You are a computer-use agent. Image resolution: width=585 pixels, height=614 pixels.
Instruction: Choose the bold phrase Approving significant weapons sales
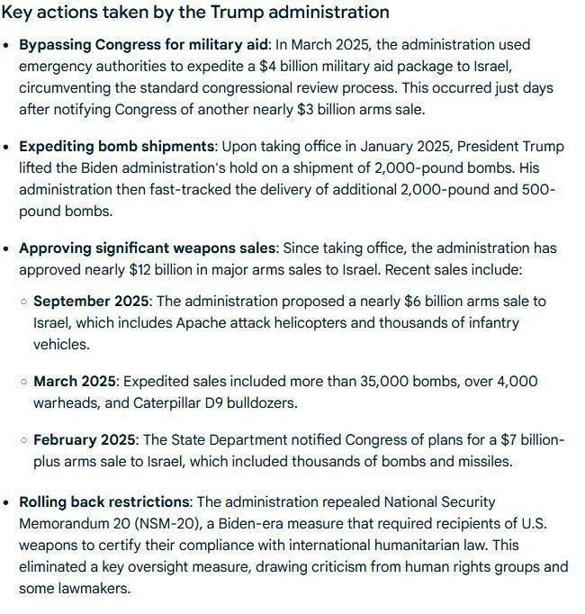(x=148, y=248)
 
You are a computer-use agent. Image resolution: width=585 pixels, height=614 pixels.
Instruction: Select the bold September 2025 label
(x=93, y=301)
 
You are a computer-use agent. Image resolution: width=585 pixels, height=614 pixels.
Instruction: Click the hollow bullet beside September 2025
(x=24, y=302)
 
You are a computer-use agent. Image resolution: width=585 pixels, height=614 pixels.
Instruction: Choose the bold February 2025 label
(x=84, y=439)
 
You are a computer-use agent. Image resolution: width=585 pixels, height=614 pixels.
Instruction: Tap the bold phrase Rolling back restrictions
(x=104, y=501)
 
